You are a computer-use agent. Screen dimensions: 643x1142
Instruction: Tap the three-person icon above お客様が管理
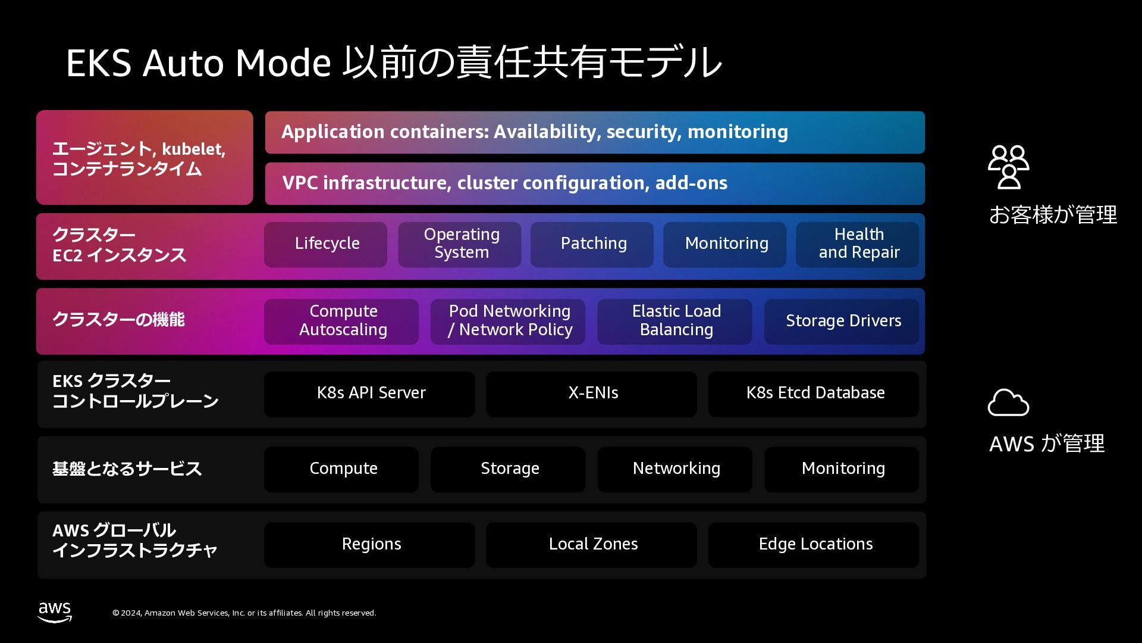[x=1009, y=167]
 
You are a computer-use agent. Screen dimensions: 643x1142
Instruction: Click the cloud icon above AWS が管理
[x=1008, y=402]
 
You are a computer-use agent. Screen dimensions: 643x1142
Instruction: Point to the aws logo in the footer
[x=55, y=611]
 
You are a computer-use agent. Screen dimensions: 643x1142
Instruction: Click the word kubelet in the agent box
[x=192, y=149]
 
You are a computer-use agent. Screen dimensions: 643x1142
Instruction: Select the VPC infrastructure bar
[x=595, y=183]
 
